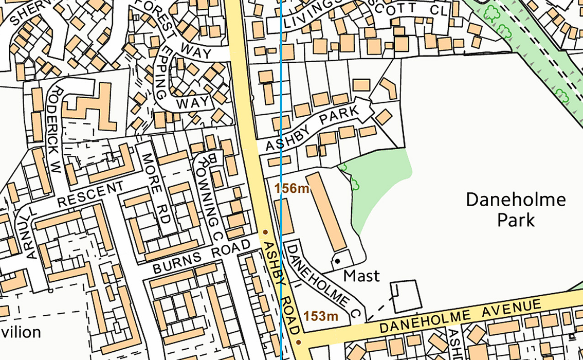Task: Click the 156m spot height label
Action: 292,189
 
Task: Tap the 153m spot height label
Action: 321,316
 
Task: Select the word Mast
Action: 361,276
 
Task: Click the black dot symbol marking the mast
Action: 337,261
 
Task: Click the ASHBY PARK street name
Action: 311,130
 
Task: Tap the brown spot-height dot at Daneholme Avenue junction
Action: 298,342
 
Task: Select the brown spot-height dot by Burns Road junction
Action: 265,232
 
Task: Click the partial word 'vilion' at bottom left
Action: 20,332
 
